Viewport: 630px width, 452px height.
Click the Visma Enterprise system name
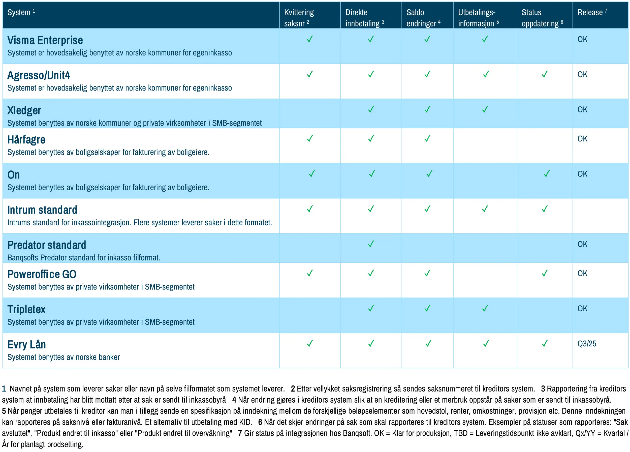45,40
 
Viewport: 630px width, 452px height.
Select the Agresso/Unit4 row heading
39,75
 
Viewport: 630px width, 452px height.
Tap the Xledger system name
24,111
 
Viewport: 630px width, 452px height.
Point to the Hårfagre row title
26,140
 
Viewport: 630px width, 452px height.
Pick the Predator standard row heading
47,245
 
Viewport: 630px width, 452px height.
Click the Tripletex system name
26,310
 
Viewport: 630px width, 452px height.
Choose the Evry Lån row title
27,345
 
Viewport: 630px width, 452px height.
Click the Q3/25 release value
587,344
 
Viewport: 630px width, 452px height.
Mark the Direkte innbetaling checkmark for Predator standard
371,244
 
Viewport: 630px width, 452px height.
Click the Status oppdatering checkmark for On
546,174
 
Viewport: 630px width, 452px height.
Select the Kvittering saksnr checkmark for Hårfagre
310,138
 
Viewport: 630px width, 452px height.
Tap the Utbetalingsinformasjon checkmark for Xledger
485,109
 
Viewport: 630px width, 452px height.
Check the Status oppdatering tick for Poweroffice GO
544,273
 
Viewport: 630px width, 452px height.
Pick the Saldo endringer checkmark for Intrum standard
427,209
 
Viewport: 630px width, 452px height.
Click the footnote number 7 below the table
240,433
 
